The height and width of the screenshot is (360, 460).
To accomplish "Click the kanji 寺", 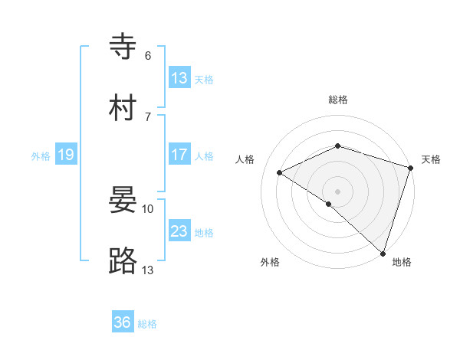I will (123, 47).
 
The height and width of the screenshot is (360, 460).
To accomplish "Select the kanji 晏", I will (123, 200).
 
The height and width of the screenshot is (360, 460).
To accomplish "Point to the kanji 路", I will (123, 261).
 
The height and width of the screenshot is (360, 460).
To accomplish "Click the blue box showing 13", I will (179, 78).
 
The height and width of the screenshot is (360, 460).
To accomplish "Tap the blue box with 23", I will (179, 231).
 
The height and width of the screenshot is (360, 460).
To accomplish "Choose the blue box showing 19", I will (65, 155).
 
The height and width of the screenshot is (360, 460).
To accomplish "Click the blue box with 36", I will (123, 322).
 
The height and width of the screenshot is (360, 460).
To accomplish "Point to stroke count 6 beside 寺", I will (148, 55).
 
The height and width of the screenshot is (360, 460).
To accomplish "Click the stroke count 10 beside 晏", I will (148, 208).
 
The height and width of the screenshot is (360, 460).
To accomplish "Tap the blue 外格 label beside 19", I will (41, 156).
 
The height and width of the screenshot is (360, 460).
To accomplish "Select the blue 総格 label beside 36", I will (147, 324).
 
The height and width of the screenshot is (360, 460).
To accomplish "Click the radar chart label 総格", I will (337, 100).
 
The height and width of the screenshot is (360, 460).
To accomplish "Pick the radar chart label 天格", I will (431, 159).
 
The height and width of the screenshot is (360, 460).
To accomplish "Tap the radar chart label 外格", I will (270, 262).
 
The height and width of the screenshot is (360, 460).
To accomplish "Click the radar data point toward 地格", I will (383, 253).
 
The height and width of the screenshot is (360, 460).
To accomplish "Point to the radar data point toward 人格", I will (280, 172).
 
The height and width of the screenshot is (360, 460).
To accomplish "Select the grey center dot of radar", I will (337, 191).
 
